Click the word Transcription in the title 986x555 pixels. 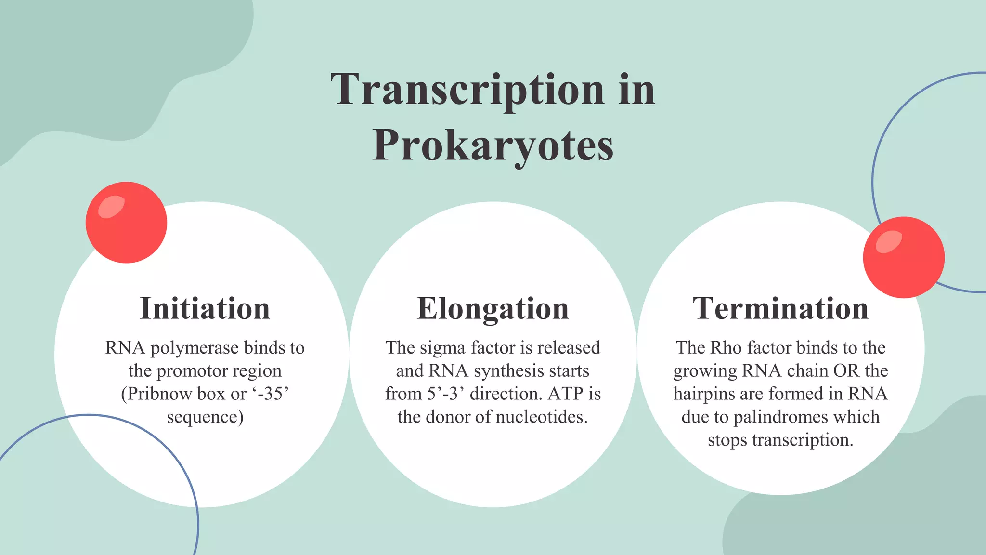[x=467, y=90]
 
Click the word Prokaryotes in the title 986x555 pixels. [x=493, y=146]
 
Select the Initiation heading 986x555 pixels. [x=205, y=308]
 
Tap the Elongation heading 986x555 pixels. [x=493, y=308]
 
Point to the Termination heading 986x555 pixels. [x=780, y=308]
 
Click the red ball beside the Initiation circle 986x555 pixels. [x=126, y=223]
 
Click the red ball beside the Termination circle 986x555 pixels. [x=904, y=257]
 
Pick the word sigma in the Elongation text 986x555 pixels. [x=442, y=348]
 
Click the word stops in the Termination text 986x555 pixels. [x=727, y=440]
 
